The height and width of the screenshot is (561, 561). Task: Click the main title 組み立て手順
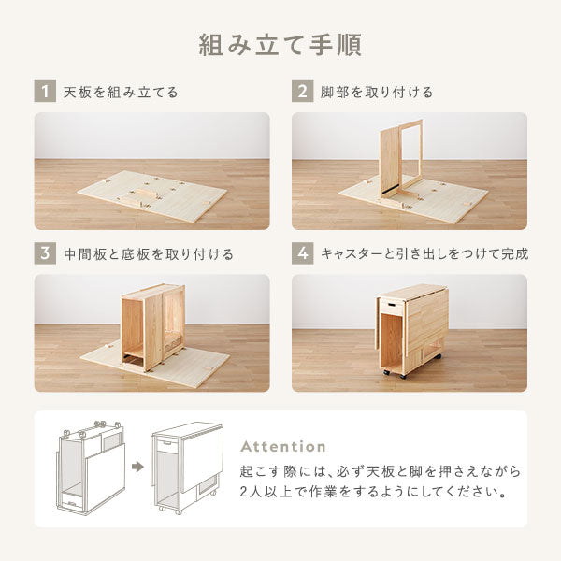pos(280,45)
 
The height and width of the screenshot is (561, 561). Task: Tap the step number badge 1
pos(43,92)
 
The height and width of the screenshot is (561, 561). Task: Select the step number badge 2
pos(301,92)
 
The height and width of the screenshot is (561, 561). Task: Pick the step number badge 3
pos(43,253)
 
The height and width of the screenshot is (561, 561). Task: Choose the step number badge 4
pos(301,253)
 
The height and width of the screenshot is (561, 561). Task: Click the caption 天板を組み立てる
pos(121,93)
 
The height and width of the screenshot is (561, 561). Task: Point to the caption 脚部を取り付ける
pos(378,93)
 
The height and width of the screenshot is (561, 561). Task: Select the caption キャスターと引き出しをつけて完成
pos(424,254)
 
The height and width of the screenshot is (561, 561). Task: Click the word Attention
pos(284,447)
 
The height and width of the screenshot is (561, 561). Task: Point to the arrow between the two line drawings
pos(138,466)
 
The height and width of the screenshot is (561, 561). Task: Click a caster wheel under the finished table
pos(400,373)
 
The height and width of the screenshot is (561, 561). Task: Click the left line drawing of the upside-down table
pos(92,467)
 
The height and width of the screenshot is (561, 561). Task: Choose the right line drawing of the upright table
pos(185,467)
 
